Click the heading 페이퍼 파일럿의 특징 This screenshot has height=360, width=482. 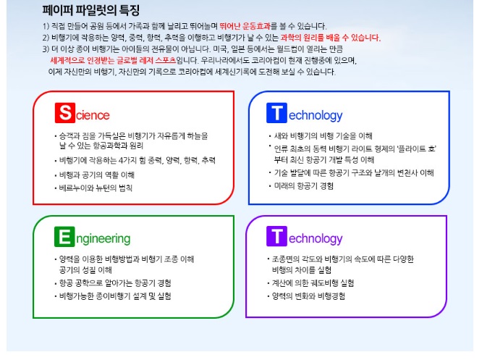[x=91, y=10]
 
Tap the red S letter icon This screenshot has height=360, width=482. [x=65, y=113]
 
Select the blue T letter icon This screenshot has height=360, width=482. [x=276, y=113]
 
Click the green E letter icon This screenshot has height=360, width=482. [x=64, y=237]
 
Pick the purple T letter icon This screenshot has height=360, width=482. [x=276, y=236]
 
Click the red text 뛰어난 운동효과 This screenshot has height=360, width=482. [x=245, y=26]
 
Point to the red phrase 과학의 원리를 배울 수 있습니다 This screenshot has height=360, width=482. [x=331, y=38]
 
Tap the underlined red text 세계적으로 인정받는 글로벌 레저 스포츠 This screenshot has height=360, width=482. [x=113, y=60]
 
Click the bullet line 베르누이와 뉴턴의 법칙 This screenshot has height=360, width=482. [x=96, y=188]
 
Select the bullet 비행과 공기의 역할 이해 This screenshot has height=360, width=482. [x=97, y=175]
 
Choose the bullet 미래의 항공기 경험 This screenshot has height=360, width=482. [x=304, y=186]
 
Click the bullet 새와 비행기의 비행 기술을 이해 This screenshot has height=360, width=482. [x=323, y=135]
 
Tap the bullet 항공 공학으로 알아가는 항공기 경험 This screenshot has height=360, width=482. [x=115, y=282]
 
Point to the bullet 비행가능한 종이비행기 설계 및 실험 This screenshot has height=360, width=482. [x=115, y=296]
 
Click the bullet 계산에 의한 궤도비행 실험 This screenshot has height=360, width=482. [x=313, y=282]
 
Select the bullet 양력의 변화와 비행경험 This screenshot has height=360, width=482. [x=308, y=296]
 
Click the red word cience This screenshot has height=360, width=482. [x=93, y=115]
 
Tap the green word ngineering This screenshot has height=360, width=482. [x=103, y=239]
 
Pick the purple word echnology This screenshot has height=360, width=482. [x=316, y=239]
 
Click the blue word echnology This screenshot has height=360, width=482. [x=316, y=116]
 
